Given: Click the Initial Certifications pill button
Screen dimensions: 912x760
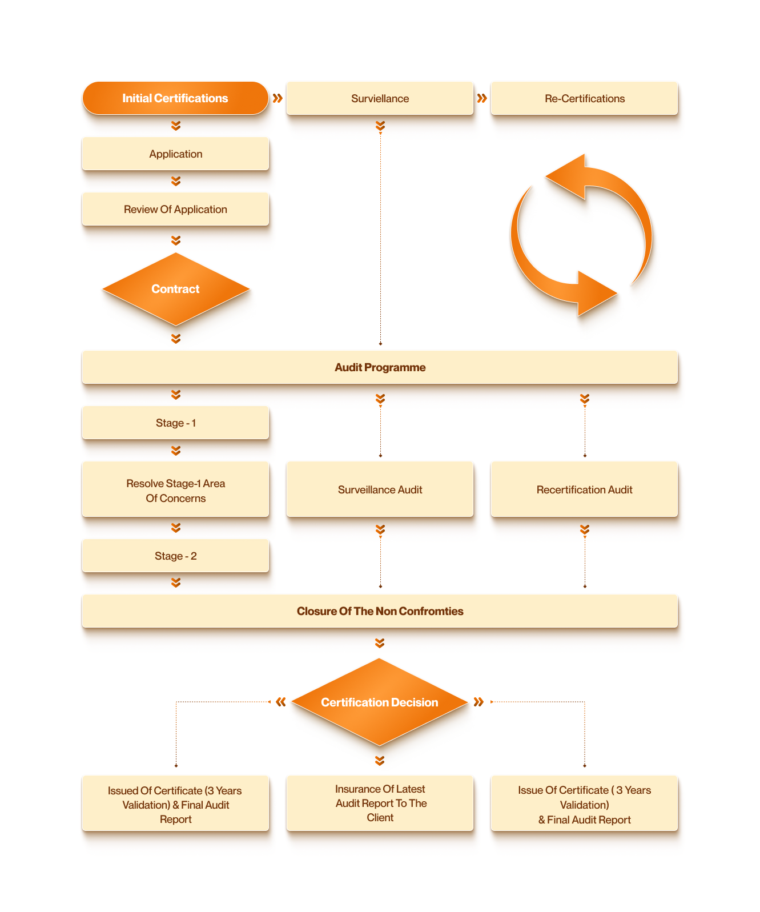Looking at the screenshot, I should click(x=175, y=98).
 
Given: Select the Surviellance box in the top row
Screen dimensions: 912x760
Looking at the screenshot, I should click(x=380, y=98).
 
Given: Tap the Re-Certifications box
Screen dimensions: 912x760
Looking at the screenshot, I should click(x=584, y=98).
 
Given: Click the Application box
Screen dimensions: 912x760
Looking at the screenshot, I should click(x=175, y=154).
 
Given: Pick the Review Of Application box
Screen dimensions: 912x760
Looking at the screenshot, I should click(x=175, y=209).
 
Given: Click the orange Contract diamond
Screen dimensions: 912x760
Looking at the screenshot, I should click(x=175, y=289).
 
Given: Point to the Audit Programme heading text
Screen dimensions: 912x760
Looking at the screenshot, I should click(x=380, y=367).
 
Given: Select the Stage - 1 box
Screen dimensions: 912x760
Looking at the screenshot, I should click(x=175, y=423).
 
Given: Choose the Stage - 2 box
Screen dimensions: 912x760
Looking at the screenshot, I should click(x=175, y=556).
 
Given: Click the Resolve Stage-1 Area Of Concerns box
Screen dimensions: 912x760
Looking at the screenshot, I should click(x=175, y=490).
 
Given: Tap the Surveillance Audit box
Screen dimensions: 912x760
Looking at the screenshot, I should click(x=380, y=489).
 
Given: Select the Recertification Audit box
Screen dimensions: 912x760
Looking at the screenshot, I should click(x=584, y=489).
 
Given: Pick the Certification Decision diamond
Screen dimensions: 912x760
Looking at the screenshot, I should click(x=380, y=702).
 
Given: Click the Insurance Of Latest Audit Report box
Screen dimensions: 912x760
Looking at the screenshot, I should click(x=380, y=803).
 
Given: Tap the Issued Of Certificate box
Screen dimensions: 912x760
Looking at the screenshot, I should click(x=175, y=804).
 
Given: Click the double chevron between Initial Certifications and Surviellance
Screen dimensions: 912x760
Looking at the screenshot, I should click(x=278, y=98).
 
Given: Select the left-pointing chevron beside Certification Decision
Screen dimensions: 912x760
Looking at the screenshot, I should click(x=280, y=702).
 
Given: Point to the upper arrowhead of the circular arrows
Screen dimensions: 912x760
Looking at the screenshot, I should click(x=568, y=176).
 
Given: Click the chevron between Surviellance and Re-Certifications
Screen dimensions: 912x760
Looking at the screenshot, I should click(x=482, y=98).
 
